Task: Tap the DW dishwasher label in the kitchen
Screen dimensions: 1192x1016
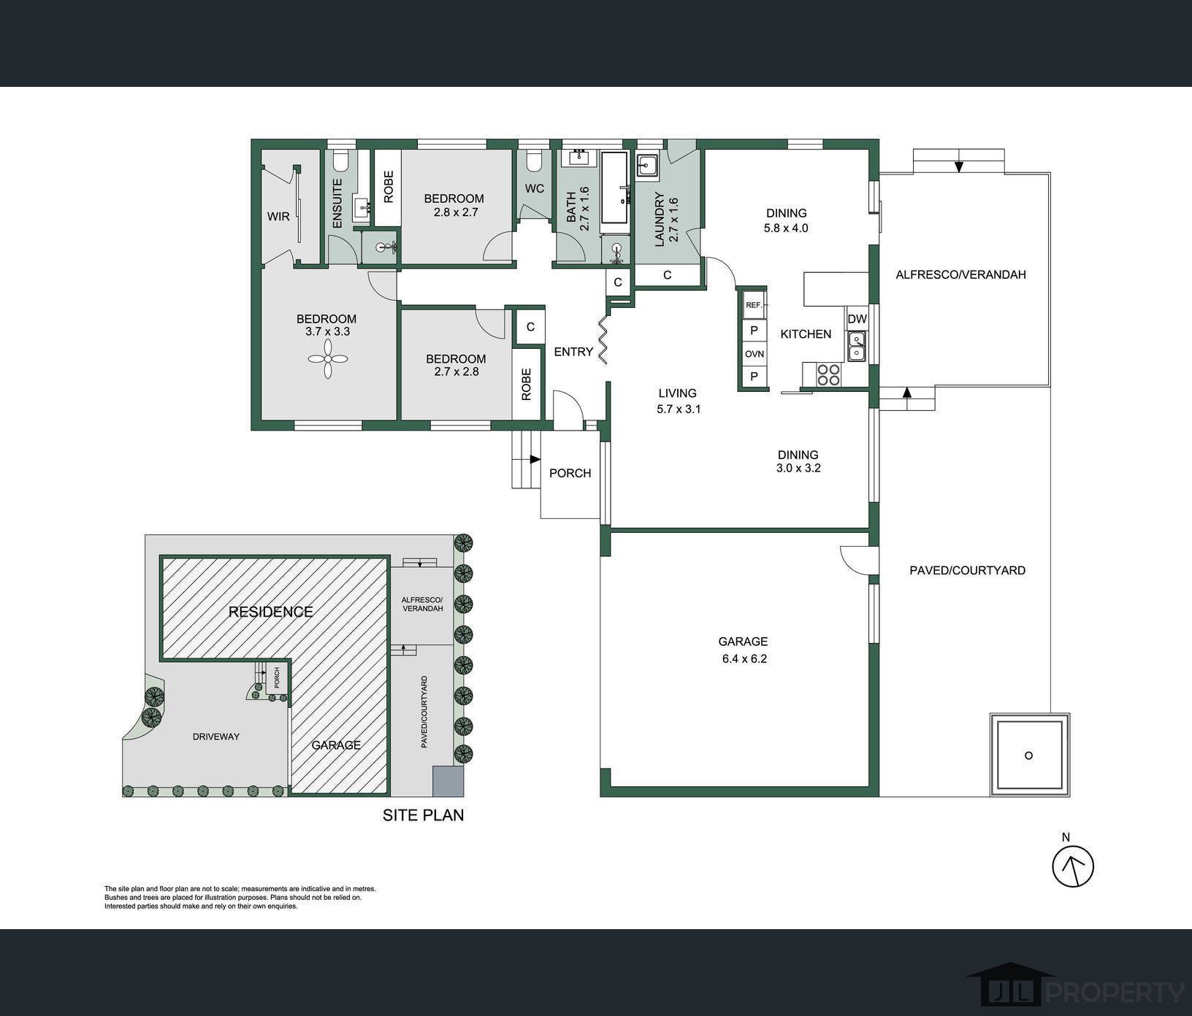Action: pyautogui.click(x=857, y=319)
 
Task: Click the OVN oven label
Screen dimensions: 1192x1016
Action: pyautogui.click(x=754, y=354)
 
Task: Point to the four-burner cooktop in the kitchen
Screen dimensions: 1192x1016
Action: pyautogui.click(x=828, y=374)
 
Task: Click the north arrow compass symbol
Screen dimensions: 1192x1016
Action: pyautogui.click(x=1073, y=866)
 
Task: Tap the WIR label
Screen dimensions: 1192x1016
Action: pyautogui.click(x=278, y=217)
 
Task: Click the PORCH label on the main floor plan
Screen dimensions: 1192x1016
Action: pyautogui.click(x=570, y=473)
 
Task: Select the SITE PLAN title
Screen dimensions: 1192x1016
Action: pyautogui.click(x=424, y=815)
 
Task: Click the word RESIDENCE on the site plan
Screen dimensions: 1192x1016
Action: pyautogui.click(x=271, y=612)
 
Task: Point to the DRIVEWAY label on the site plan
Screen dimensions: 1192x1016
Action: pyautogui.click(x=216, y=736)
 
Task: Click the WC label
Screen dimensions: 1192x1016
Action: pyautogui.click(x=535, y=188)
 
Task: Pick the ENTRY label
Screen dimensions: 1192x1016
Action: pyautogui.click(x=573, y=352)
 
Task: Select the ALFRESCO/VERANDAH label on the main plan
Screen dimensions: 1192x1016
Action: pyautogui.click(x=961, y=274)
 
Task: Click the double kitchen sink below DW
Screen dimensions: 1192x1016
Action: pyautogui.click(x=857, y=345)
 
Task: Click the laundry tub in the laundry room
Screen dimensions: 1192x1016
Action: pyautogui.click(x=647, y=166)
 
